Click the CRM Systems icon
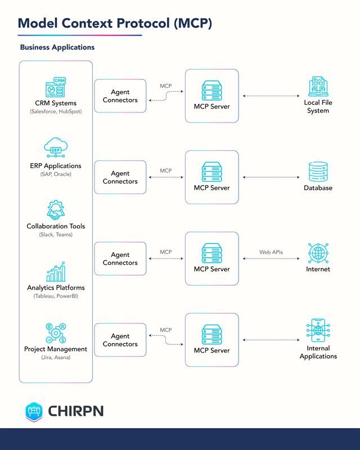click(x=55, y=88)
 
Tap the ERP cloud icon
click(x=55, y=148)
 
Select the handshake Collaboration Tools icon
click(x=55, y=210)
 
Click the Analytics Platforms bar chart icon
click(x=55, y=272)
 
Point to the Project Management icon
click(x=55, y=332)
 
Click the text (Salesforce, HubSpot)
click(x=55, y=112)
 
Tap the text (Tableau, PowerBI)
click(x=55, y=296)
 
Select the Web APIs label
click(x=271, y=252)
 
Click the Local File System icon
click(x=318, y=87)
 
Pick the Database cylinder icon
click(x=318, y=172)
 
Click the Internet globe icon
click(x=318, y=253)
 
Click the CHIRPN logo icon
click(x=34, y=412)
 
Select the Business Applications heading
click(x=57, y=47)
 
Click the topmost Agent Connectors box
click(x=120, y=96)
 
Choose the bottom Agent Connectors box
click(x=120, y=340)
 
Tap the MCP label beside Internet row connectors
click(x=165, y=252)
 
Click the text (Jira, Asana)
click(x=55, y=357)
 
